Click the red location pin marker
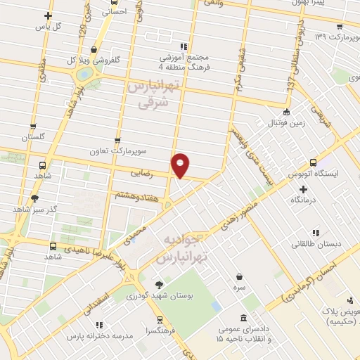(x=181, y=165)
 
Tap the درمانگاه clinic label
(x=304, y=200)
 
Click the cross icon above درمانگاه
(x=303, y=188)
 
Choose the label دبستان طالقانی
(x=314, y=244)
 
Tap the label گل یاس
(x=48, y=27)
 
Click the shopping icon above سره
(x=241, y=277)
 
